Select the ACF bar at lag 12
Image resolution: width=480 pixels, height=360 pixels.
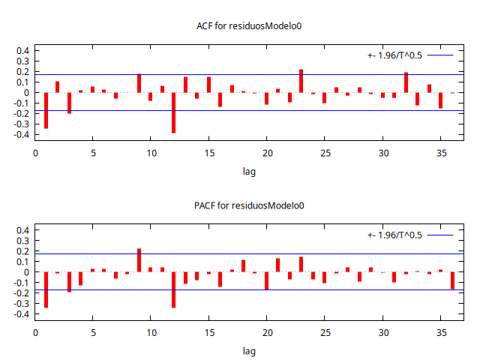click(x=173, y=112)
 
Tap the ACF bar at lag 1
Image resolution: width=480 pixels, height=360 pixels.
click(x=46, y=110)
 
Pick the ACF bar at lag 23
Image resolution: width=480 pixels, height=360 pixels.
click(x=301, y=81)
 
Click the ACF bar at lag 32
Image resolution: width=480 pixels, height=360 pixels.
click(x=406, y=82)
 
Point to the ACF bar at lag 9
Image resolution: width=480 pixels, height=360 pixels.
click(x=139, y=83)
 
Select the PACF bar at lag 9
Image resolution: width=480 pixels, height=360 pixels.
click(x=139, y=260)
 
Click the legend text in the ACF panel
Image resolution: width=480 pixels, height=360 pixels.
click(x=394, y=55)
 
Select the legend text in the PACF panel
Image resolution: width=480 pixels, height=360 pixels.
click(x=394, y=235)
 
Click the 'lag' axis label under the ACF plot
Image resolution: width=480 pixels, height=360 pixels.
click(x=249, y=171)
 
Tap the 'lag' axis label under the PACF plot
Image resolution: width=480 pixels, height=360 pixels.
click(x=249, y=350)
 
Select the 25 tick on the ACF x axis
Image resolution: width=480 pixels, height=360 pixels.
click(x=324, y=153)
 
